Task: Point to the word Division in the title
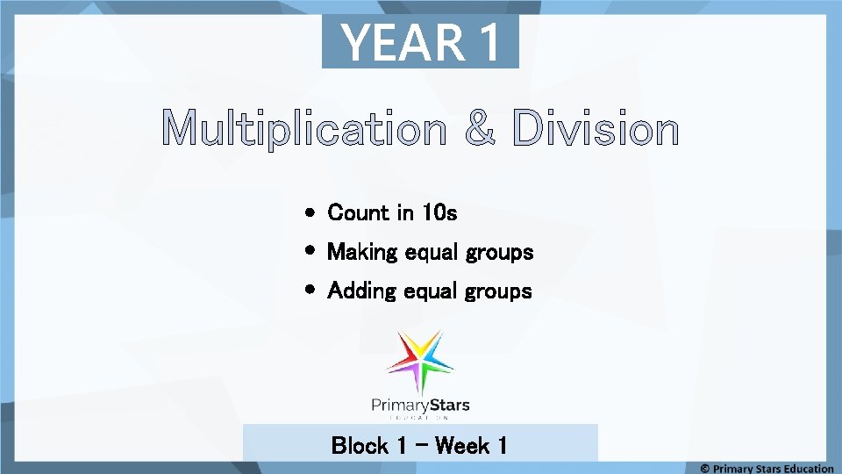[x=596, y=130]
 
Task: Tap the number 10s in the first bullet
[x=439, y=212]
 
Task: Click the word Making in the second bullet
[x=362, y=253]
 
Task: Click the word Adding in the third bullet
[x=361, y=291]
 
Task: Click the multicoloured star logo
[x=420, y=361]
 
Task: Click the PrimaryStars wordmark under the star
[x=420, y=406]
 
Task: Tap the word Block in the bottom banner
[x=360, y=446]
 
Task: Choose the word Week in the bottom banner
[x=462, y=446]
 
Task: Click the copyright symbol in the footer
[x=705, y=469]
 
